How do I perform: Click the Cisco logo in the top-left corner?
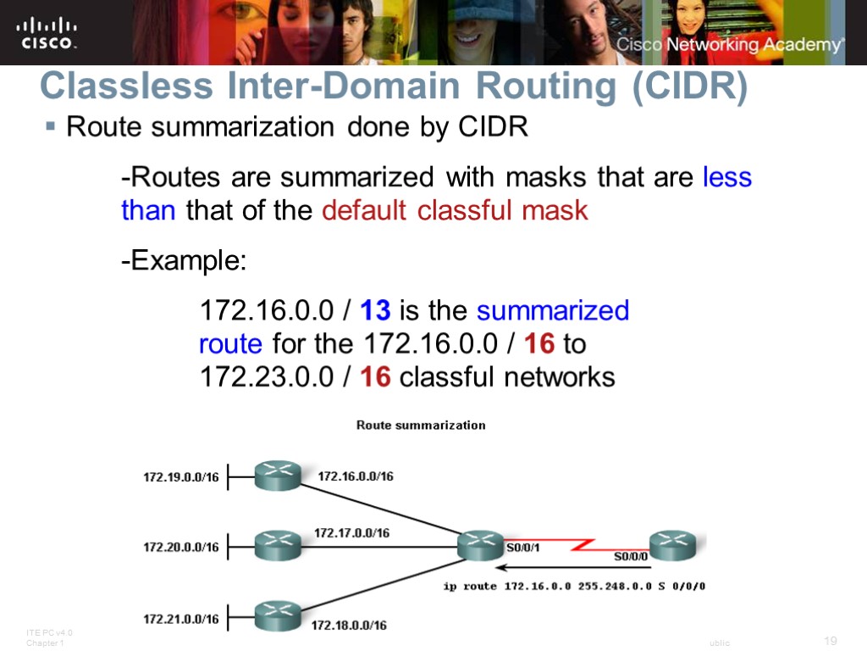47,32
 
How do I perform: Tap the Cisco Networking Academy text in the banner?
729,45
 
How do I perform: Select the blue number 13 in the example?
375,311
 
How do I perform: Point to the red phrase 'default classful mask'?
455,210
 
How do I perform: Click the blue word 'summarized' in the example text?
553,311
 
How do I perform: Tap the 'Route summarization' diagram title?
421,425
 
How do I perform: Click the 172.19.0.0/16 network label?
180,477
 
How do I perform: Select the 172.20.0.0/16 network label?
180,547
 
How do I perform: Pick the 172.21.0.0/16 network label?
180,618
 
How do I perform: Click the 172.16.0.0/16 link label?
356,476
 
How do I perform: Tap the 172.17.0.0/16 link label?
351,533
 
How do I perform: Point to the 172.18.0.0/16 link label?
349,626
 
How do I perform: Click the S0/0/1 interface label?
523,548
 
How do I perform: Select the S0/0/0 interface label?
631,557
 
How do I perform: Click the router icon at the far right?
672,544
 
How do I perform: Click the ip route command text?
575,586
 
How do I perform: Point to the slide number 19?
830,640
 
